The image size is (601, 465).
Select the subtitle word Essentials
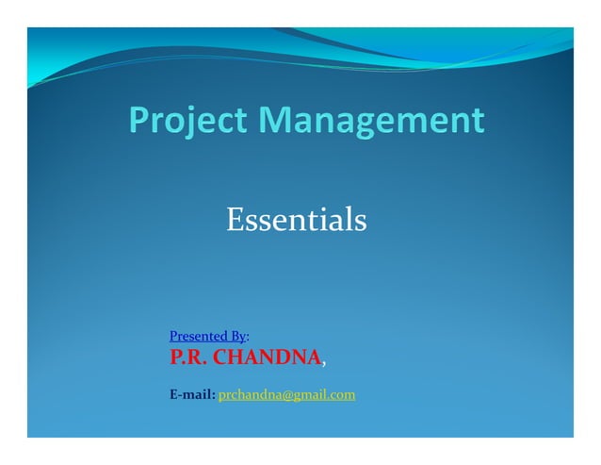click(x=296, y=221)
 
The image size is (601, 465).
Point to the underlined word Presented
click(x=195, y=336)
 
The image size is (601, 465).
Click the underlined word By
click(x=235, y=336)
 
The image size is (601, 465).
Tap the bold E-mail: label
click(x=192, y=395)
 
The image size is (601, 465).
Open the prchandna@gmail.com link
click(x=286, y=395)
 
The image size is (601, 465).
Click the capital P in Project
click(x=138, y=122)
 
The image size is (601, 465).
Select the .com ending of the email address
click(x=342, y=395)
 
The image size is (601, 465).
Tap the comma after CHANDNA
click(x=326, y=363)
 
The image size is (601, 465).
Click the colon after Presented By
click(x=248, y=337)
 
